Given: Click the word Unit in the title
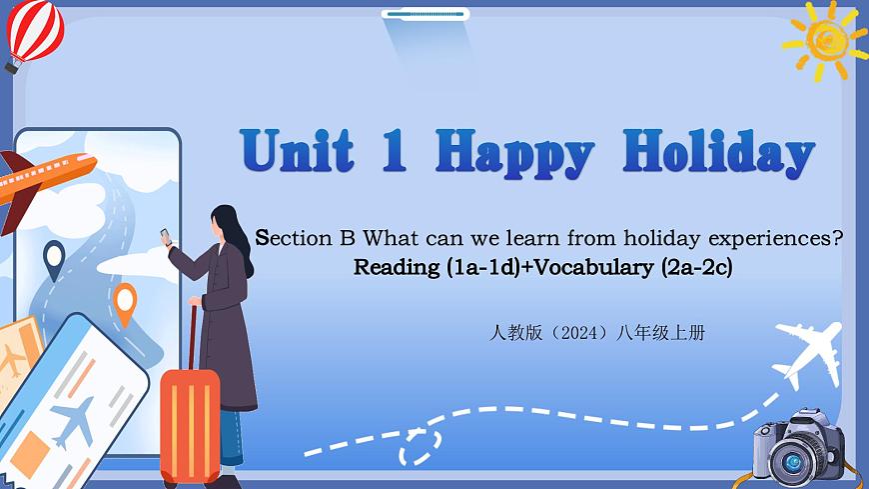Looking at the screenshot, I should tap(298, 152).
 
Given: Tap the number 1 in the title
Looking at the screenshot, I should tap(394, 152).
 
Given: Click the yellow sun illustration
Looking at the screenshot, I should tap(826, 38).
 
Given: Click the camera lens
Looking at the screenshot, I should tap(793, 461).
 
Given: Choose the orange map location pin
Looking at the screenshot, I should tap(125, 302).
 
